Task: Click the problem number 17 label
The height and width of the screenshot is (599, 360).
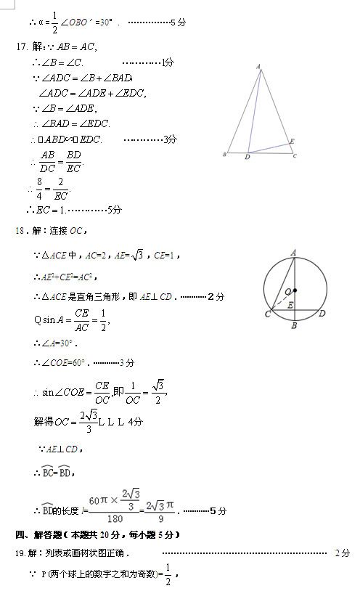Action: [x=20, y=47]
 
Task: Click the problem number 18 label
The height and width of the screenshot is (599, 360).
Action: [x=20, y=231]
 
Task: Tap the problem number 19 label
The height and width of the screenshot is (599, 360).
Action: [x=20, y=553]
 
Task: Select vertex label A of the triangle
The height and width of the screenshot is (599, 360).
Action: [x=258, y=67]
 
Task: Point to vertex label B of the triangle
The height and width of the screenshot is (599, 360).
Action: [x=225, y=155]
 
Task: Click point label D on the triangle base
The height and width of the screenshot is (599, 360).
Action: [x=247, y=157]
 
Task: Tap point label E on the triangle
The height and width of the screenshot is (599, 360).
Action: [x=292, y=140]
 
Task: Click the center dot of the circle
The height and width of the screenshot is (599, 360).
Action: [x=295, y=290]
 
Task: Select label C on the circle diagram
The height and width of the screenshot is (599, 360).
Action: [x=267, y=314]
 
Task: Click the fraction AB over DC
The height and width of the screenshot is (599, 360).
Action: [x=48, y=161]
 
